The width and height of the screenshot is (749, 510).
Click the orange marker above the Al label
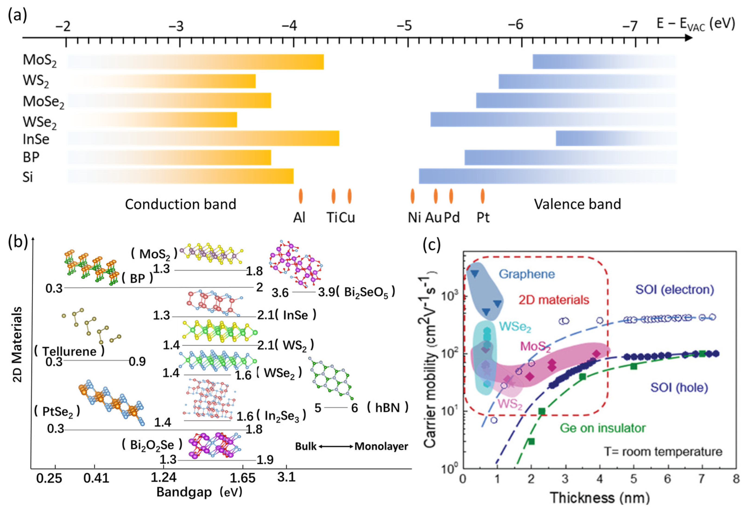300,196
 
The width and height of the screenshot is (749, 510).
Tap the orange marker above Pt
483,196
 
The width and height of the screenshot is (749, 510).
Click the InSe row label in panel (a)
36,139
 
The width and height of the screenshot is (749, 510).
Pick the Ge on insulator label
602,428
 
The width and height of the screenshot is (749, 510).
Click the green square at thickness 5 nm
634,366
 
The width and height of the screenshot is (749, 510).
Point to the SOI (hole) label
679,387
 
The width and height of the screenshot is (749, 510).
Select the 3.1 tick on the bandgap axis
286,477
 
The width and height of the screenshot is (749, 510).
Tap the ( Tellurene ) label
69,351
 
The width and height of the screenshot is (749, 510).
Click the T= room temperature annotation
663,452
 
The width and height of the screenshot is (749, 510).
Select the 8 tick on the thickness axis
736,479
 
